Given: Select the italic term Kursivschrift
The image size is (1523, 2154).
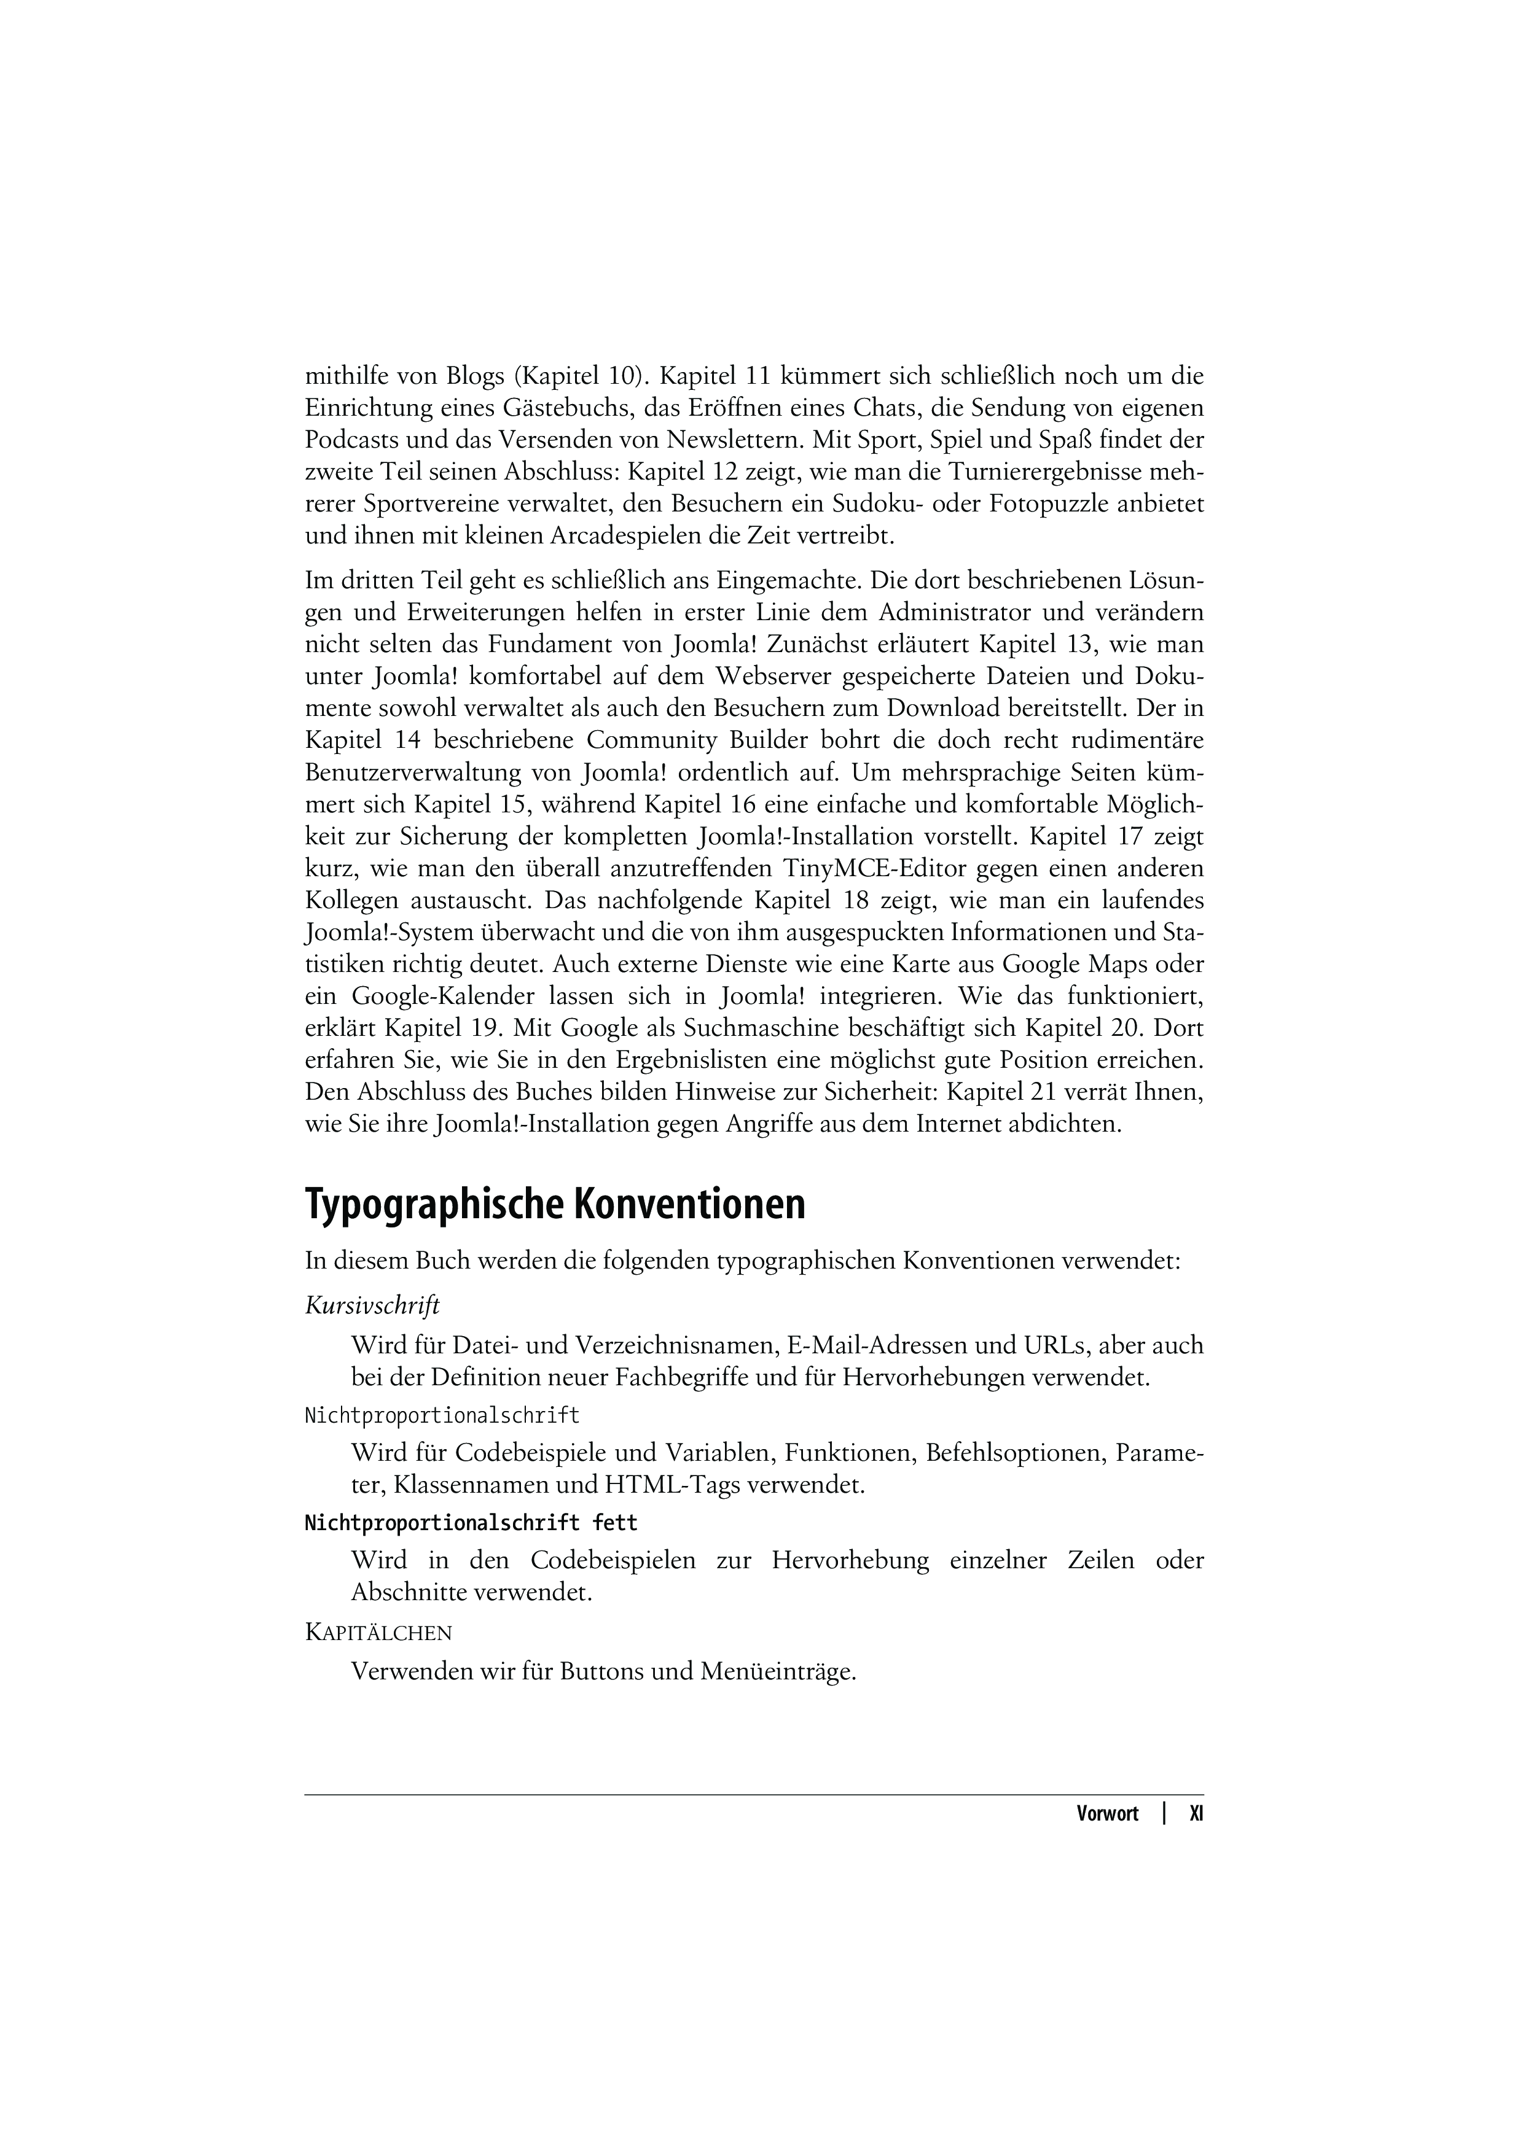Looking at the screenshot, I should coord(372,1306).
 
